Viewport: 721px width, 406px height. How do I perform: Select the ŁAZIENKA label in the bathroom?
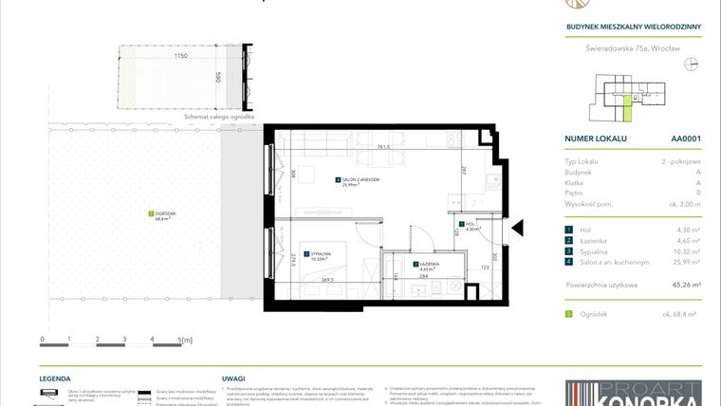coord(428,266)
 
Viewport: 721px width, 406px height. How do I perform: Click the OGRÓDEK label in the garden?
coord(166,215)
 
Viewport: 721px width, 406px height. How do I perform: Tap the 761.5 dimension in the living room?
coord(356,147)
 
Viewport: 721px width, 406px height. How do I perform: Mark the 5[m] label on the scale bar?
coord(185,339)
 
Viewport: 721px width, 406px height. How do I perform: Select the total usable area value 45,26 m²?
coord(686,284)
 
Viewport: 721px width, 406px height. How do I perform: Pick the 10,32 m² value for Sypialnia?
coord(687,250)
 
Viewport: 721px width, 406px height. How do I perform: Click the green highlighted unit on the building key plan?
coord(627,112)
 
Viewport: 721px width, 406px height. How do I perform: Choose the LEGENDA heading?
coord(55,377)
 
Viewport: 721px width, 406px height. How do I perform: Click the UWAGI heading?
coord(233,377)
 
